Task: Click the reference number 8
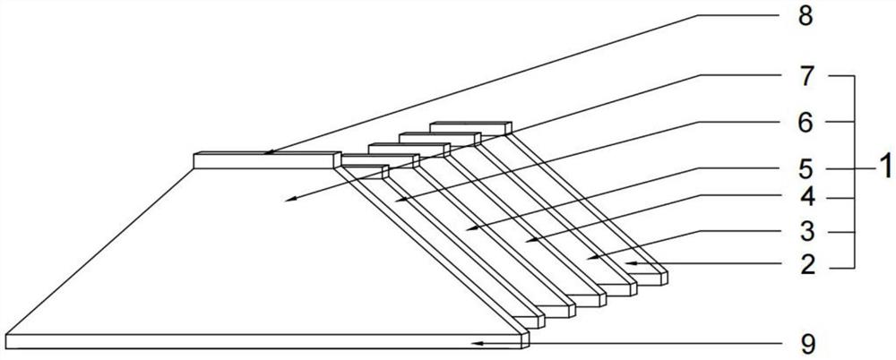click(806, 17)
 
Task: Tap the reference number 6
click(806, 123)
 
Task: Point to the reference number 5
click(806, 169)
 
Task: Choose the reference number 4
click(806, 198)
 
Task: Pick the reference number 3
click(806, 233)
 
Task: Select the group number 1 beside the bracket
click(884, 169)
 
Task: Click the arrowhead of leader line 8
click(270, 152)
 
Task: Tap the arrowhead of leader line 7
click(291, 199)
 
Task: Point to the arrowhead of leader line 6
click(400, 200)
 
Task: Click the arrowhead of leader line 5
click(471, 228)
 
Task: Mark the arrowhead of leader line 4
click(531, 239)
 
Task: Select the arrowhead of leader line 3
click(591, 258)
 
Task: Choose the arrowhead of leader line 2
click(631, 263)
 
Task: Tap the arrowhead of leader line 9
click(478, 343)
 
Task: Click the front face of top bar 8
click(263, 161)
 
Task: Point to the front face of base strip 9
click(263, 341)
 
